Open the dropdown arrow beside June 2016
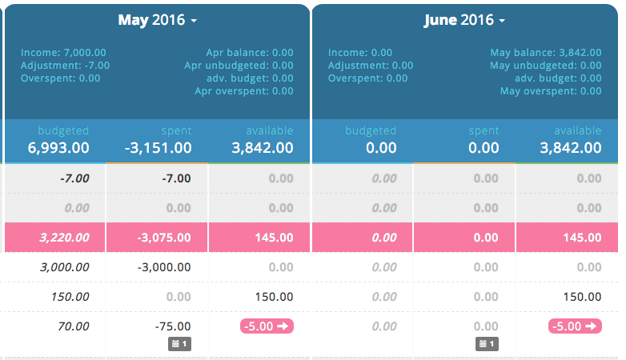pyautogui.click(x=502, y=20)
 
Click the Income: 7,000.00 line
pyautogui.click(x=63, y=53)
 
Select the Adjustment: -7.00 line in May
pyautogui.click(x=66, y=66)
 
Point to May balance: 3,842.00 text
pyautogui.click(x=546, y=53)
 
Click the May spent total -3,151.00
pyautogui.click(x=159, y=148)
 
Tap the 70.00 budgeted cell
pyautogui.click(x=73, y=326)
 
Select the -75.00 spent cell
pyautogui.click(x=173, y=326)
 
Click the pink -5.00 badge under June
pyautogui.click(x=575, y=326)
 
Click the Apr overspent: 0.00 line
pyautogui.click(x=243, y=91)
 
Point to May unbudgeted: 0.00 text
pyautogui.click(x=546, y=66)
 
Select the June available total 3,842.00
pyautogui.click(x=571, y=148)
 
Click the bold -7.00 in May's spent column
pyautogui.click(x=176, y=178)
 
